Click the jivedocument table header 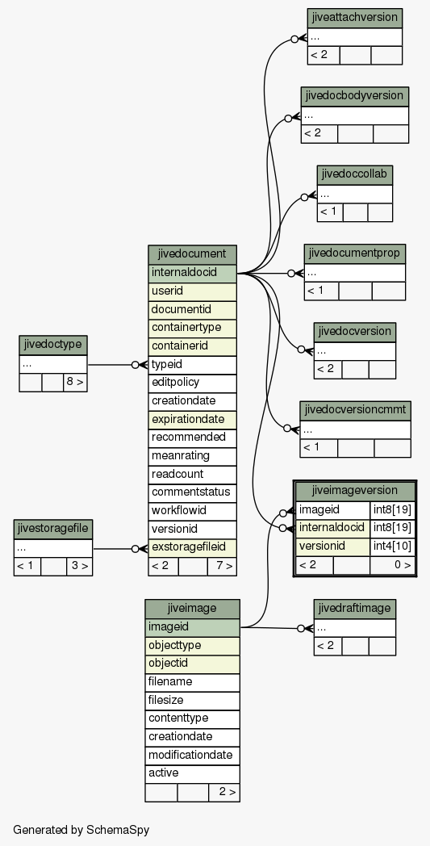pyautogui.click(x=192, y=254)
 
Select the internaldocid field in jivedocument pyautogui.click(x=192, y=273)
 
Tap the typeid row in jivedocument pyautogui.click(x=192, y=365)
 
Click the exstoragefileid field pyautogui.click(x=192, y=547)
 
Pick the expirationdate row pyautogui.click(x=192, y=420)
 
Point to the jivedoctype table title pyautogui.click(x=53, y=345)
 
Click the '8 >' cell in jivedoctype pyautogui.click(x=75, y=383)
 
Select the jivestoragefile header pyautogui.click(x=53, y=529)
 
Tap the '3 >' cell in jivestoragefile pyautogui.click(x=79, y=567)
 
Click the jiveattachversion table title pyautogui.click(x=354, y=18)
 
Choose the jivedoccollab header pyautogui.click(x=354, y=175)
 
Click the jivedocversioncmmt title pyautogui.click(x=355, y=411)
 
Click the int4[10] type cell pyautogui.click(x=392, y=547)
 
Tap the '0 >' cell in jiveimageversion pyautogui.click(x=392, y=565)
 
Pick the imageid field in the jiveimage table pyautogui.click(x=192, y=627)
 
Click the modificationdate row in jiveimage pyautogui.click(x=192, y=756)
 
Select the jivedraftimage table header pyautogui.click(x=354, y=609)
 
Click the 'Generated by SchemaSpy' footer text pyautogui.click(x=81, y=830)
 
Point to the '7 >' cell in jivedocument pyautogui.click(x=222, y=567)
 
